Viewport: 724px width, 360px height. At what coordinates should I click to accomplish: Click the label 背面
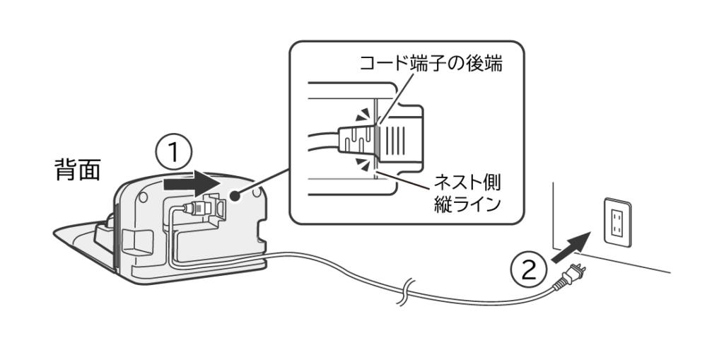(x=78, y=170)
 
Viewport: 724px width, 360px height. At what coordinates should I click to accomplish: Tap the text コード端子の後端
(x=432, y=64)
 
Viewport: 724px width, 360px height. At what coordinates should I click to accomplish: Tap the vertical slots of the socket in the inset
(x=399, y=136)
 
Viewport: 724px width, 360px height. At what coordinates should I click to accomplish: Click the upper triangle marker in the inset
(x=363, y=113)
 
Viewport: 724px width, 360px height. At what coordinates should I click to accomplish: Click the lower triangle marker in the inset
(x=363, y=164)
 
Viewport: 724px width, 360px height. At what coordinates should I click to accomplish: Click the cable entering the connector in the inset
(x=322, y=136)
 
